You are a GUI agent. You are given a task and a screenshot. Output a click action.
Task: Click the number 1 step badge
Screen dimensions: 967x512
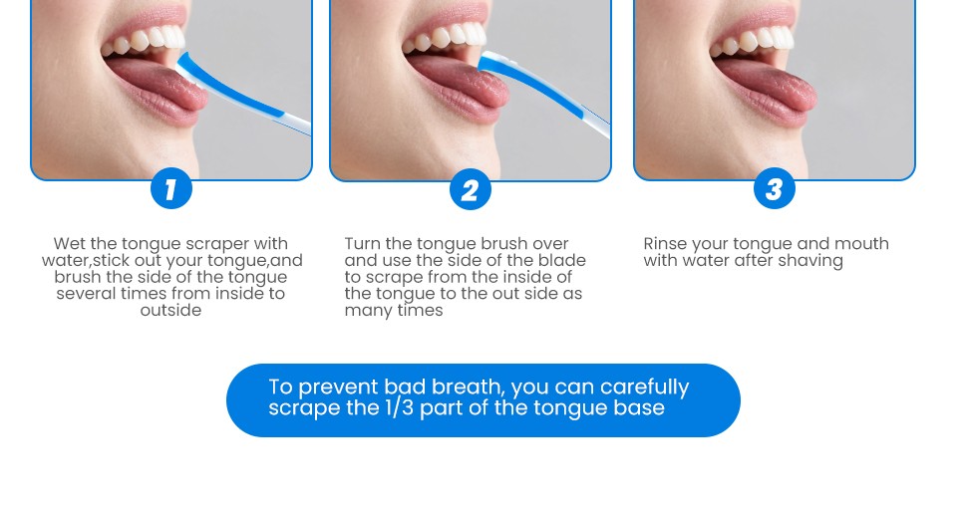(x=170, y=188)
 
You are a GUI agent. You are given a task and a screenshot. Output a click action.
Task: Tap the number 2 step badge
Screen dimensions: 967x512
(x=470, y=189)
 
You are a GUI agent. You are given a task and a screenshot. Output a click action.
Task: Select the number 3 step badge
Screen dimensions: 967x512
(x=774, y=188)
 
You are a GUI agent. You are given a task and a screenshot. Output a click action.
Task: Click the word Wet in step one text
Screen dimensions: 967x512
(x=69, y=243)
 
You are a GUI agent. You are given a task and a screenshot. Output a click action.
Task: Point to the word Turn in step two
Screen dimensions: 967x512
(x=363, y=243)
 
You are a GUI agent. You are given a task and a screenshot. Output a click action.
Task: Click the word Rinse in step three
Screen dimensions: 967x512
(x=665, y=243)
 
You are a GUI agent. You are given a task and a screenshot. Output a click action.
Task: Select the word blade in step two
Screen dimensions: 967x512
(x=562, y=260)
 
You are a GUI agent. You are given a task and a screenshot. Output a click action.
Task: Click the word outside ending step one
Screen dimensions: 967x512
(x=170, y=310)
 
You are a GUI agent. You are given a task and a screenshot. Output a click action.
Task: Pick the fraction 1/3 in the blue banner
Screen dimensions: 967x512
(x=399, y=407)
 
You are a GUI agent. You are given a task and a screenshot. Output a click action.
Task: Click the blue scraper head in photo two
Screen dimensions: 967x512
(x=493, y=64)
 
